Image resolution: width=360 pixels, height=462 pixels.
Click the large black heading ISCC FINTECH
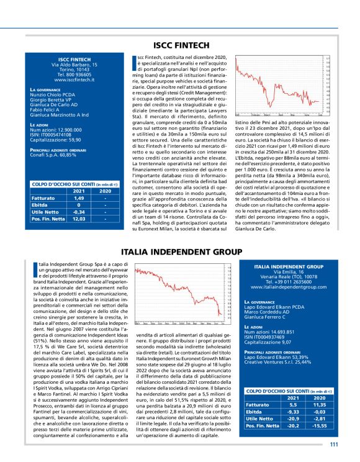(179, 45)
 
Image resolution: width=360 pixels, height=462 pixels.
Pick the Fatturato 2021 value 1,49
(79, 198)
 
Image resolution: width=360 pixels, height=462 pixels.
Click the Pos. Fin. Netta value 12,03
(79, 219)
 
